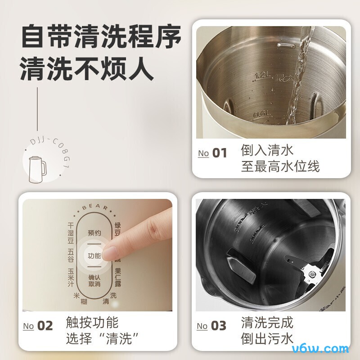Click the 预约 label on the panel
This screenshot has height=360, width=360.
tap(94, 233)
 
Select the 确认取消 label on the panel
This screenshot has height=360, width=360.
tap(94, 280)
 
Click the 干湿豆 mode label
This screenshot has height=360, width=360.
tap(70, 231)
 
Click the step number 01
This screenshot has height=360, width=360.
tap(220, 153)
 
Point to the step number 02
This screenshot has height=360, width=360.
tap(45, 325)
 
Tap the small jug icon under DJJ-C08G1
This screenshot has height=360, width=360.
tap(37, 169)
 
